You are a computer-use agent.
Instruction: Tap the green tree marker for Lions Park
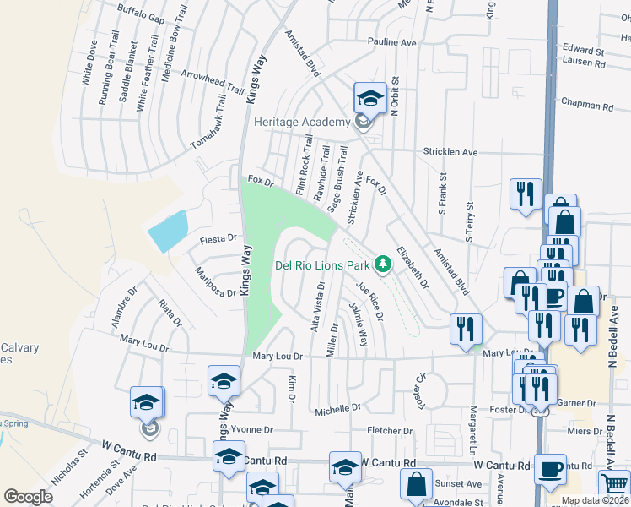(384, 264)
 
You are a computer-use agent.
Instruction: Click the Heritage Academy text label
(302, 123)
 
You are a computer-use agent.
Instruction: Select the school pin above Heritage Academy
(369, 100)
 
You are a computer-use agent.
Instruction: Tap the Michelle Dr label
(337, 409)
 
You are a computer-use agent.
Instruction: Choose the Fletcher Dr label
(390, 431)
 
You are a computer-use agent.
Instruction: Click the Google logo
(28, 497)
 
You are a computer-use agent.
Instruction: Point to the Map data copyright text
(595, 500)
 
